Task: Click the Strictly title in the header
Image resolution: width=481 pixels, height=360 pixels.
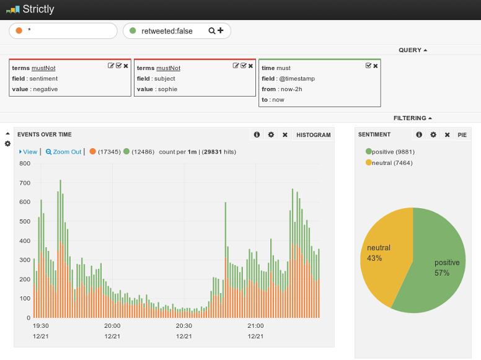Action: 38,9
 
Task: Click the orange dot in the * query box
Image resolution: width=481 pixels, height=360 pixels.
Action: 19,31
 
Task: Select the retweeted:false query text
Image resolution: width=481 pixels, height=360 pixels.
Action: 167,31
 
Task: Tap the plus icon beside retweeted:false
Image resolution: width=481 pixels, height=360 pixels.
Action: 220,30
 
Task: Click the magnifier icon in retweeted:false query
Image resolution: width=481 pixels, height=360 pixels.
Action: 211,31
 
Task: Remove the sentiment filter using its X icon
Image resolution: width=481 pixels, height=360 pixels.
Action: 126,66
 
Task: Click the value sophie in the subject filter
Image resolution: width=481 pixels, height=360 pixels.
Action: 167,89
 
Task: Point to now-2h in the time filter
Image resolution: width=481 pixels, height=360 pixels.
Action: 290,89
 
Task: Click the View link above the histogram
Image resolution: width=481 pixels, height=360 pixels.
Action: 29,151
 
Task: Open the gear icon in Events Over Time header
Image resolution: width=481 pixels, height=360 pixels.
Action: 271,134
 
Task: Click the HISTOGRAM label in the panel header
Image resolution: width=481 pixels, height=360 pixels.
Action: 313,134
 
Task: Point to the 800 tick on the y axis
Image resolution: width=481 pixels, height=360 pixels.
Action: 25,164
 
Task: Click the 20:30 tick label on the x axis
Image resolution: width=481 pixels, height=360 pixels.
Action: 184,326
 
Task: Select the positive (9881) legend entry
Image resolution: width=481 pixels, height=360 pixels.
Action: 390,151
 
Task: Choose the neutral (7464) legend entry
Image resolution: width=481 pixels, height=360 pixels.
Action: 389,163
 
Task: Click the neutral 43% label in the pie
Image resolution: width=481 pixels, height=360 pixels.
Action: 375,253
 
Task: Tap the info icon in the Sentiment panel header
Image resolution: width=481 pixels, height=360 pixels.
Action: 419,134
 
